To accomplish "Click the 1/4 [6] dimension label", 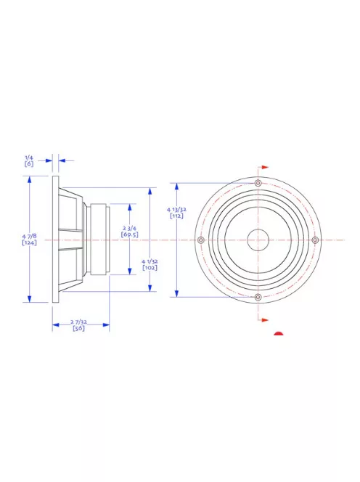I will tap(29, 160).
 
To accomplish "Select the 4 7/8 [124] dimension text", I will tap(29, 239).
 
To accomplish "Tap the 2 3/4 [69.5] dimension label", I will tap(130, 232).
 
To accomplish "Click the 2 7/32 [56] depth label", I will tap(79, 324).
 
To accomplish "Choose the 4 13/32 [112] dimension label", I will tap(176, 212).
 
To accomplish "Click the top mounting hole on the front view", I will tap(258, 183).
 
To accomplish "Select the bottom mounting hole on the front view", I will tap(258, 297).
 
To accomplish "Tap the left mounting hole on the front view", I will tap(201, 240).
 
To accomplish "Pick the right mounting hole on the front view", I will tap(314, 240).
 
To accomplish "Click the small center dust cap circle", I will tap(258, 240).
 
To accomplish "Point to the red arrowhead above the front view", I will tap(266, 167).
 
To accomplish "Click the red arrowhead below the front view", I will tap(266, 319).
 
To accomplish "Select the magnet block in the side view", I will tap(99, 240).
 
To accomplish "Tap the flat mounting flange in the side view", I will tap(55, 240).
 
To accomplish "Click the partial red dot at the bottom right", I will tap(279, 335).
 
